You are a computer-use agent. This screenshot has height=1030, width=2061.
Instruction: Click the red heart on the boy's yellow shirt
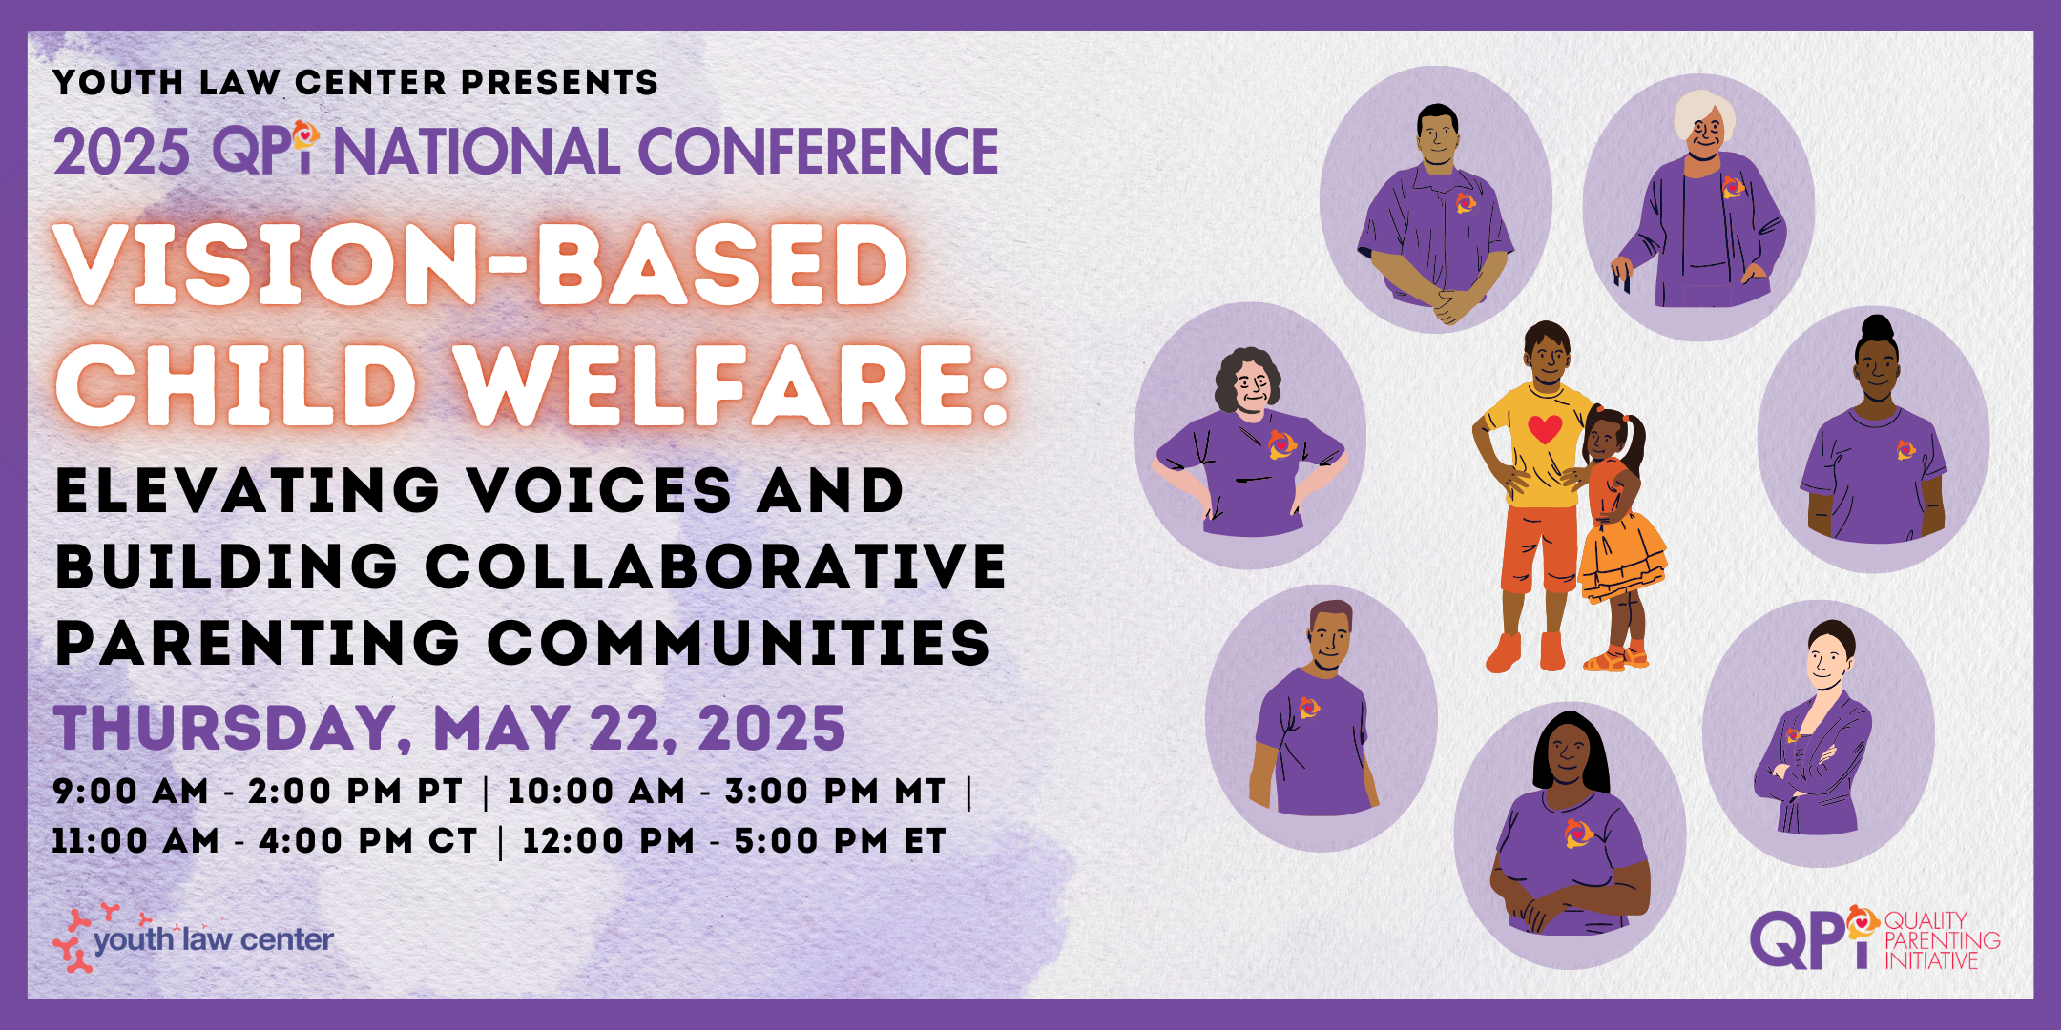click(x=1545, y=429)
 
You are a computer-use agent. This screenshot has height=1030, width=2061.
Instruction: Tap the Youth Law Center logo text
click(x=213, y=940)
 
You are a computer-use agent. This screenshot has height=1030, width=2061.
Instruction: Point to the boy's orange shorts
click(x=1539, y=547)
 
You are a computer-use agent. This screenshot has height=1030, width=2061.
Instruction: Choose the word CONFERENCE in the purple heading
click(x=818, y=152)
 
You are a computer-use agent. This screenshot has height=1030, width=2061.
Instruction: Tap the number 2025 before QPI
click(x=121, y=152)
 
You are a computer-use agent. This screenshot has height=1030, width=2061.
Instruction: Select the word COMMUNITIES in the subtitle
click(x=739, y=643)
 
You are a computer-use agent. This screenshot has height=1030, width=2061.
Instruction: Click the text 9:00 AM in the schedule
click(x=131, y=791)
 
